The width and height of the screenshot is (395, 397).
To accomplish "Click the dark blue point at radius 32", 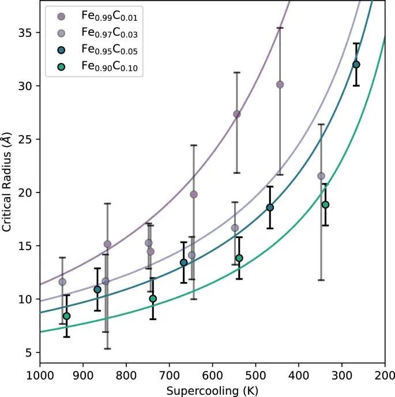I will (356, 65).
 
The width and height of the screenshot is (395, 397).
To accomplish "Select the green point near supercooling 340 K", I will (325, 205).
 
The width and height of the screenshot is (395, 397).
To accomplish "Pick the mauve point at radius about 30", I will (280, 84).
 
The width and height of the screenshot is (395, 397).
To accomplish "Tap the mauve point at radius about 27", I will (236, 114).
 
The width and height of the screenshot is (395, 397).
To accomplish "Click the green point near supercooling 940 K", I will (66, 316).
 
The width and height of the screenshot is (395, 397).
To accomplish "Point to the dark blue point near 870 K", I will (97, 290).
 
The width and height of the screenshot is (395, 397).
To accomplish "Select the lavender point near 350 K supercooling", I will (321, 176).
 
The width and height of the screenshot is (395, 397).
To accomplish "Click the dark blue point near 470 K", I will (270, 207).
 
